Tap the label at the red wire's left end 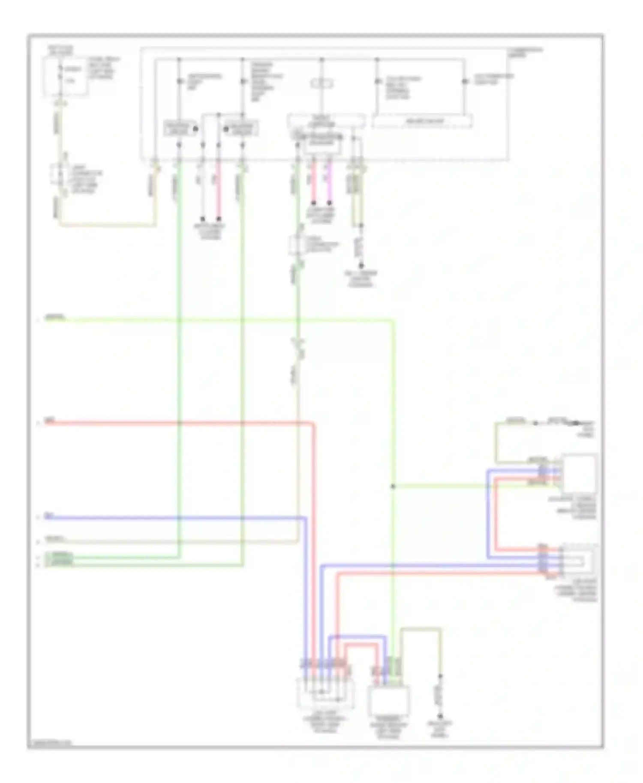coord(50,421)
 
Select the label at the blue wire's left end coord(49,516)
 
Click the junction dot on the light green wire coord(393,486)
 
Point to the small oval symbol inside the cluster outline coord(322,83)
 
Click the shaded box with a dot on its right coord(179,129)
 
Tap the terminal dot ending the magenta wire coord(329,203)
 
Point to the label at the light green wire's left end coord(55,317)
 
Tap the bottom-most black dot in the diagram coord(440,716)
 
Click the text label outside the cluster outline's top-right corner coord(525,52)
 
